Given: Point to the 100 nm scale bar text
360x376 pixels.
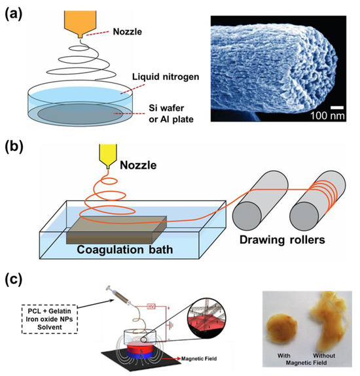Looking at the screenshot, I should (332, 122).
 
